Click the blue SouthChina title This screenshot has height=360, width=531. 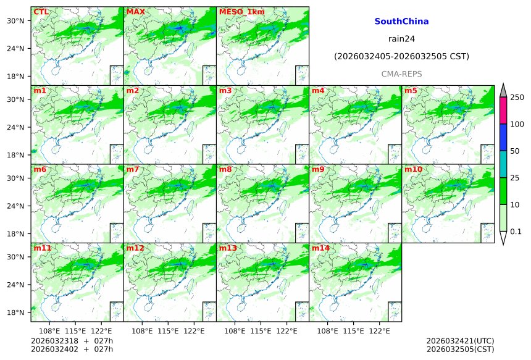point(401,22)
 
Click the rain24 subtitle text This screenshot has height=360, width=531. point(401,38)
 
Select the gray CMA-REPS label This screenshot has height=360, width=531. point(401,73)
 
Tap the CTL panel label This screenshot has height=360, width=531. point(41,12)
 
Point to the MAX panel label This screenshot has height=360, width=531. point(135,12)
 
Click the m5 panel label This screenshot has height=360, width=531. point(411,91)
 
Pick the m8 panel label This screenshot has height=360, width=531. point(225,169)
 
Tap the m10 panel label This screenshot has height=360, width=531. point(413,169)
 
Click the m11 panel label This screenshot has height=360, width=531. point(42,248)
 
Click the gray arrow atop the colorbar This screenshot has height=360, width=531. point(503,90)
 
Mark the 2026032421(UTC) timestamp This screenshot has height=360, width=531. point(460,341)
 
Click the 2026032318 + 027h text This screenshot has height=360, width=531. point(67,341)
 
